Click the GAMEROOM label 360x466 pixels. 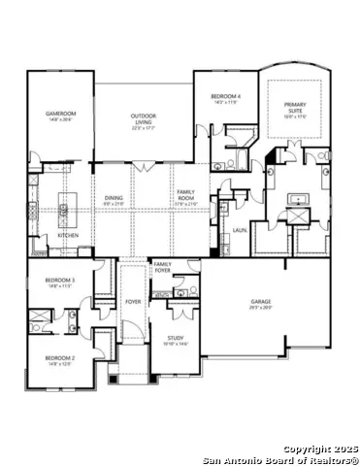click(61, 114)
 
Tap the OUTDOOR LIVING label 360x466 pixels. click(145, 117)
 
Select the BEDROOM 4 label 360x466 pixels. click(225, 96)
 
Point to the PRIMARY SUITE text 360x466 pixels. click(295, 106)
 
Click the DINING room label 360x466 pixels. click(115, 198)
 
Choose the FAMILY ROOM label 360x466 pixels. click(185, 194)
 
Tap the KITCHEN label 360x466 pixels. click(67, 235)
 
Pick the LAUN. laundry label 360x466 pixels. click(239, 230)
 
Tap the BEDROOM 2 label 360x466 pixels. click(60, 358)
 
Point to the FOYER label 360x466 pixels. click(133, 302)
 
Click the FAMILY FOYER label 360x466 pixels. click(162, 266)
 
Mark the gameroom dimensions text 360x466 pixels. click(61, 119)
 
